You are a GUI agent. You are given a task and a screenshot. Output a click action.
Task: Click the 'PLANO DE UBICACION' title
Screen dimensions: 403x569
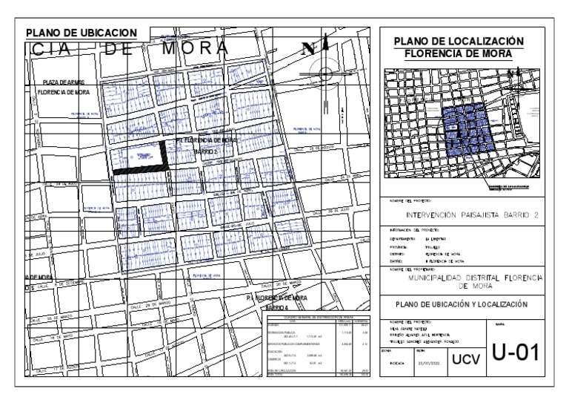pyautogui.click(x=81, y=33)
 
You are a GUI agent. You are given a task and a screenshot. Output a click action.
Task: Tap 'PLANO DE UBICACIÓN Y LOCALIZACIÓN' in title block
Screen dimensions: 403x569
pyautogui.click(x=460, y=304)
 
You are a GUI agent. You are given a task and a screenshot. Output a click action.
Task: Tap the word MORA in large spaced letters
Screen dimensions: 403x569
pyautogui.click(x=190, y=47)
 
